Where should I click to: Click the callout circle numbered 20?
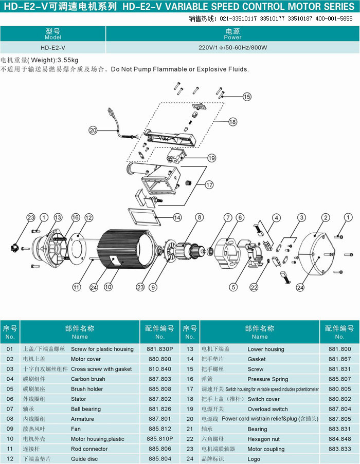[x=93, y=131]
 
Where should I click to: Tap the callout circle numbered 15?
[x=247, y=96]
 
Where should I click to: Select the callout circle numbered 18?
[x=232, y=122]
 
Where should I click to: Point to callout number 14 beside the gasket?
[x=177, y=217]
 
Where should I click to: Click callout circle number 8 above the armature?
[x=199, y=217]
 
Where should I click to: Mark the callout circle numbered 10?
[x=108, y=287]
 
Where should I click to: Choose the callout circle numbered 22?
[x=254, y=287]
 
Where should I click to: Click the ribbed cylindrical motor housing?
[x=126, y=249]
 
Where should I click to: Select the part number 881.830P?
[x=159, y=349]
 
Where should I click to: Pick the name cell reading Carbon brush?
[x=88, y=379]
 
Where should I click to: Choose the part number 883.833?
[x=339, y=449]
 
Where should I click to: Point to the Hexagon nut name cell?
[x=264, y=439]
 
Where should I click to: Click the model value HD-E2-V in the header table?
[x=53, y=47]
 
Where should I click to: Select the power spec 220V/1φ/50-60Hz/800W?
[x=232, y=47]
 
